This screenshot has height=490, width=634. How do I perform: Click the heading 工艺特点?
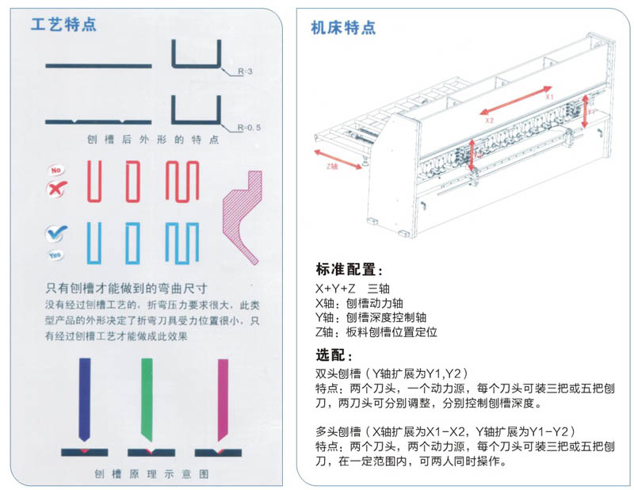(x=63, y=24)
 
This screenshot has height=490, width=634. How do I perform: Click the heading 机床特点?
(x=343, y=29)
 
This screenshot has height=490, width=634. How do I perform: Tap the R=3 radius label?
(x=243, y=71)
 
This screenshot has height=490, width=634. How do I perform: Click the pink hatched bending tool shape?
(x=246, y=212)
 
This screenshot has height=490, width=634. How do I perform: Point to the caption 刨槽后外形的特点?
(x=153, y=140)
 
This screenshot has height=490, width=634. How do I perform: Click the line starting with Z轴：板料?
(x=376, y=332)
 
